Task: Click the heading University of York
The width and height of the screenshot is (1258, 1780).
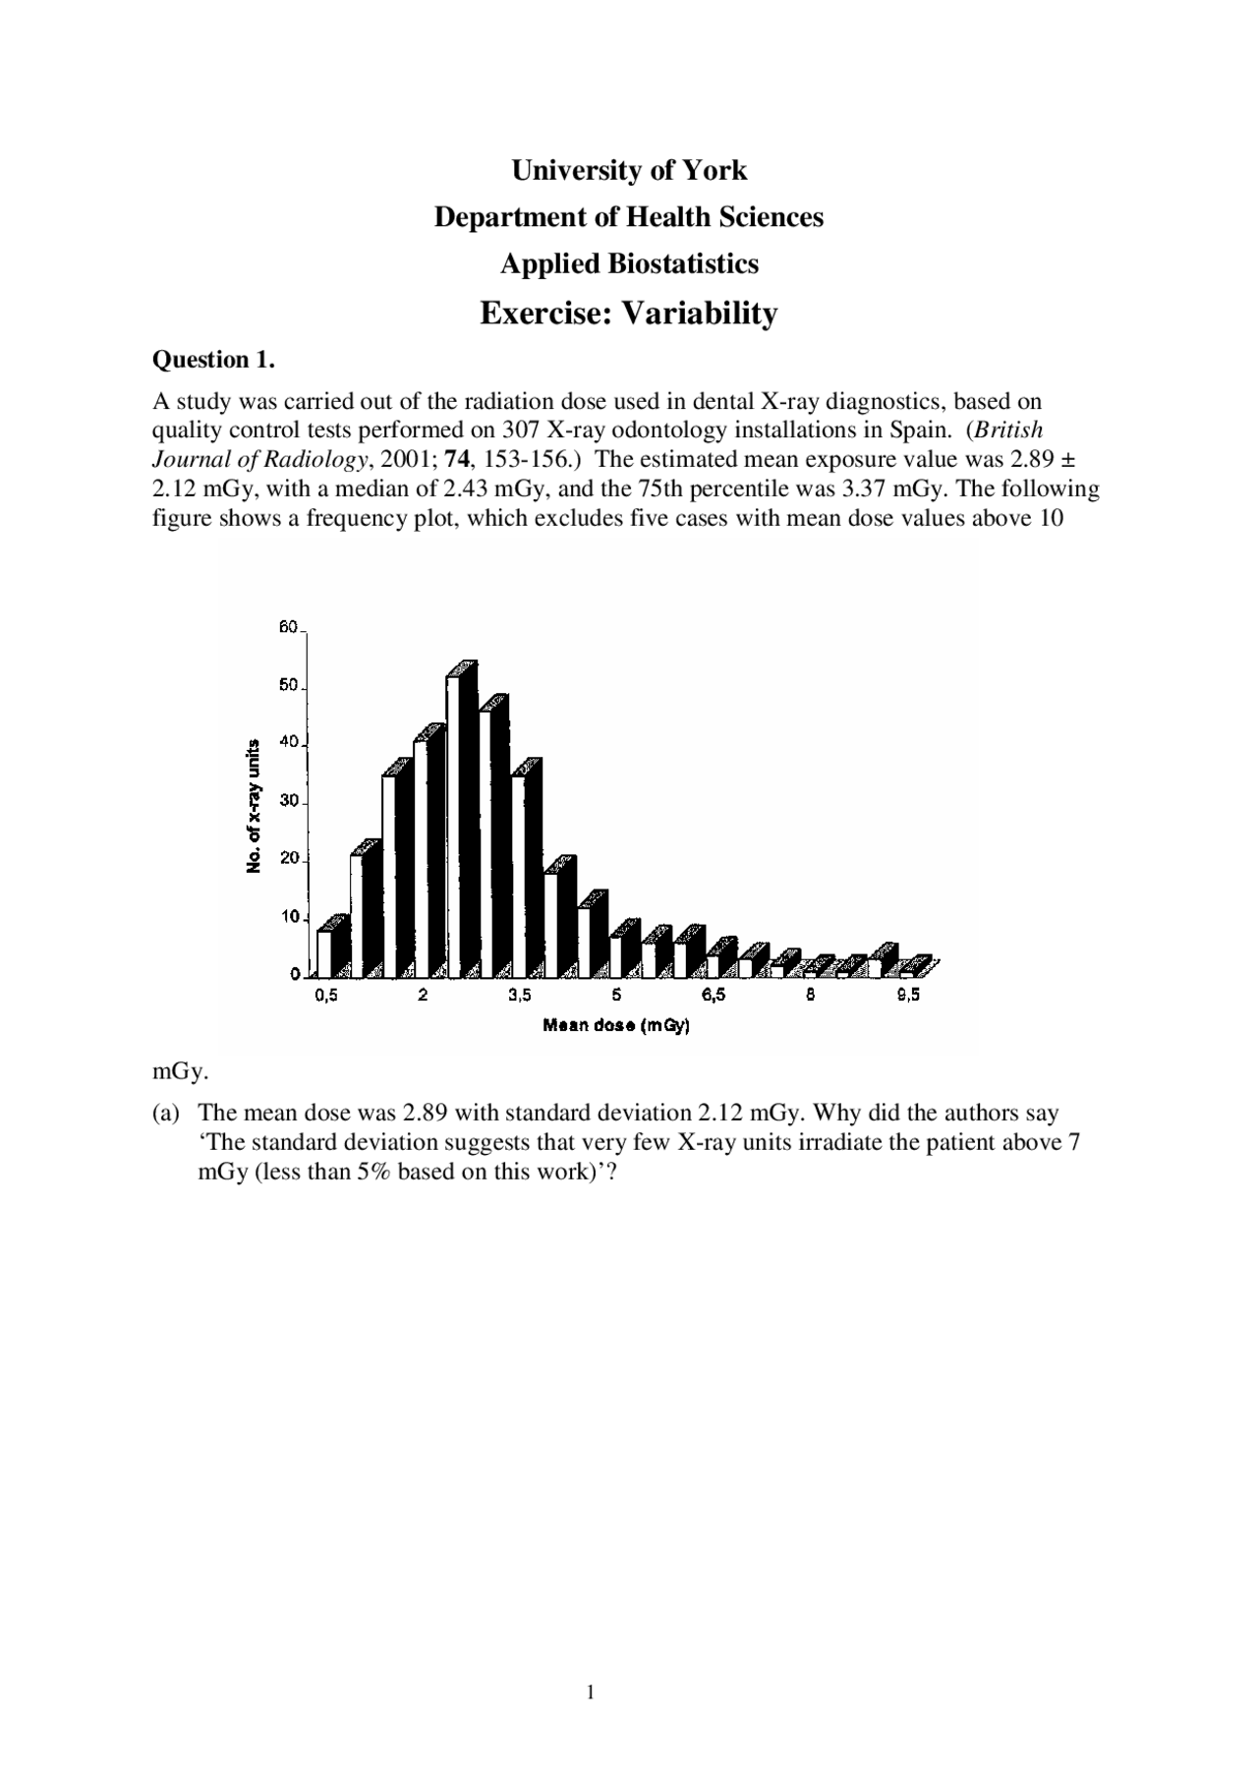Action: click(629, 170)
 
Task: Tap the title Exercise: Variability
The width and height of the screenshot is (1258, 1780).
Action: click(629, 313)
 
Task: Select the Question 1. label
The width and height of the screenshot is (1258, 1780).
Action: click(213, 360)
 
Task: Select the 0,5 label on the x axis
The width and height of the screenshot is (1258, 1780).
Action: click(325, 996)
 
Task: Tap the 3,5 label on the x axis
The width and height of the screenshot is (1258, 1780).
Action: click(520, 996)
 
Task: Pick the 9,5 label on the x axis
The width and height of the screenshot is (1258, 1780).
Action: click(908, 996)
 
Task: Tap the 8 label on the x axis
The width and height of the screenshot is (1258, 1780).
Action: click(810, 996)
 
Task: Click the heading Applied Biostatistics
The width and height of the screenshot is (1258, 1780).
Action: click(629, 263)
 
